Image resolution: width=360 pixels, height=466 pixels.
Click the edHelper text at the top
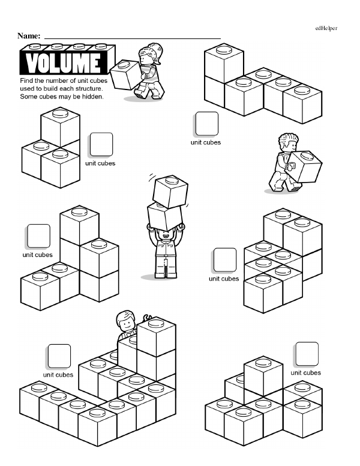pos(326,28)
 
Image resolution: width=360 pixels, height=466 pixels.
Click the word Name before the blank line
pos(29,36)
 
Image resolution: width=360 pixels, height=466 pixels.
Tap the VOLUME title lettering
pos(63,62)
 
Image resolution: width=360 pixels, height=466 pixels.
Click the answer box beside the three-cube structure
pos(101,145)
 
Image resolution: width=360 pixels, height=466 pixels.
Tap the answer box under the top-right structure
pos(207,124)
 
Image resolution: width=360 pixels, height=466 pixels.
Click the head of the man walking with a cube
pos(289,142)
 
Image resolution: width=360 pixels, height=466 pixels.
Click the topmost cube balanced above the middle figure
pos(170,191)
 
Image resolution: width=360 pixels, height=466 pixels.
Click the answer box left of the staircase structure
pos(38,236)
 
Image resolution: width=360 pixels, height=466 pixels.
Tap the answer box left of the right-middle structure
pos(225,260)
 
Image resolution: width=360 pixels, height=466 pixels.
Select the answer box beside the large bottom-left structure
pos(59,356)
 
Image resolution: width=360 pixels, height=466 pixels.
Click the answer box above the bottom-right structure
pos(307,354)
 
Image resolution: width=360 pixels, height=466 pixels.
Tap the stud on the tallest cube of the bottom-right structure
pos(263,363)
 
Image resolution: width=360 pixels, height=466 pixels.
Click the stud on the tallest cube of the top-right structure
pos(224,50)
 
